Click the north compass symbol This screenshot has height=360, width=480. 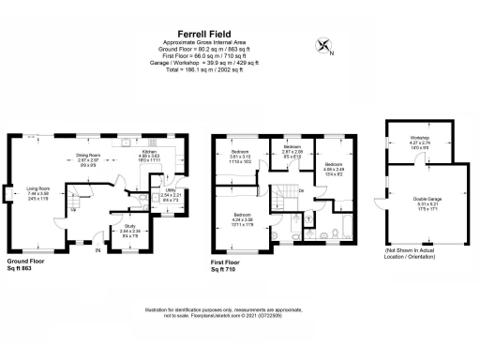click(x=324, y=44)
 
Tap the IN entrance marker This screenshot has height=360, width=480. click(x=97, y=249)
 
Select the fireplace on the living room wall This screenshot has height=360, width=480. click(x=7, y=194)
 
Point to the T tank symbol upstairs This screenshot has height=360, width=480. click(x=309, y=215)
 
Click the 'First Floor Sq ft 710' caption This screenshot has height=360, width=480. click(x=228, y=265)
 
